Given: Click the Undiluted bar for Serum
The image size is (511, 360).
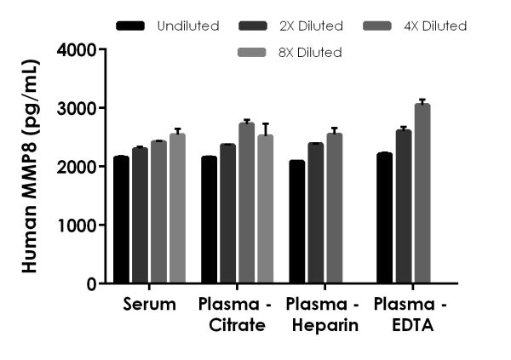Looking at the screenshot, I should click(x=121, y=220).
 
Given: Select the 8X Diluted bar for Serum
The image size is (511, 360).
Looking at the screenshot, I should click(x=177, y=209).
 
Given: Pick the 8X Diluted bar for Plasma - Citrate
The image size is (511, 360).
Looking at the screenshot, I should click(x=265, y=209).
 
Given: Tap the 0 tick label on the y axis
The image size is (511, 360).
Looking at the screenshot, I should click(x=89, y=284).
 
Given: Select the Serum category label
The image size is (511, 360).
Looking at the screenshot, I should click(x=149, y=305).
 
